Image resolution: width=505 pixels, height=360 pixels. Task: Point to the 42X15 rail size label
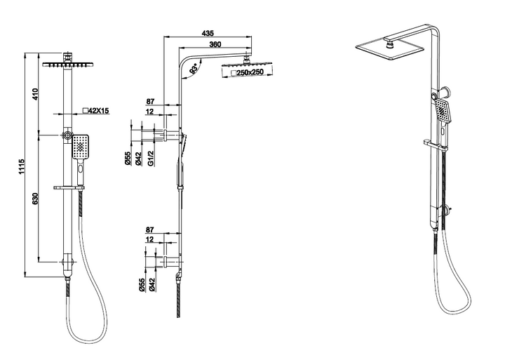click(x=96, y=110)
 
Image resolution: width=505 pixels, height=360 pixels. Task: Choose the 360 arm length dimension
click(x=216, y=45)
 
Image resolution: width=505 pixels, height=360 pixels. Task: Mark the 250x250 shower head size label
click(x=248, y=72)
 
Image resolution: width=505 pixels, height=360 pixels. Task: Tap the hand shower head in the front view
click(x=81, y=147)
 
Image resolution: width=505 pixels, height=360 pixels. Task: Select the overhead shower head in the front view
click(x=67, y=64)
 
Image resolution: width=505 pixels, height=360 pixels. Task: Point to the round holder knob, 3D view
click(x=439, y=92)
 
